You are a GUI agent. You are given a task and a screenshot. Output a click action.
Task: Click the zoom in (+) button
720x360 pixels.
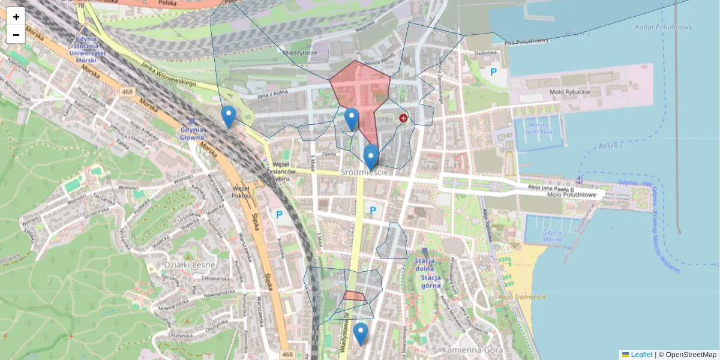pos(16,17)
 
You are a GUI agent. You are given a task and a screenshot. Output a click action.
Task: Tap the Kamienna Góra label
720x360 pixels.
pos(467,349)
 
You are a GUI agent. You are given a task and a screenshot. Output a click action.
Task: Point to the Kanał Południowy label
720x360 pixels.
pos(664,27)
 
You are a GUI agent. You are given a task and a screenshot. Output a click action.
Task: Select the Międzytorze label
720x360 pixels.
pos(300,53)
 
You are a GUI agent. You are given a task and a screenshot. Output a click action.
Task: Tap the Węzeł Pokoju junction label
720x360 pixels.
pos(241,191)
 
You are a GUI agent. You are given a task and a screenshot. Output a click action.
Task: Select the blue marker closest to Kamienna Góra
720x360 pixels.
pos(360,334)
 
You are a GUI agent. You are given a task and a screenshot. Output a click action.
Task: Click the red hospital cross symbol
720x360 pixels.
pos(403,119)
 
